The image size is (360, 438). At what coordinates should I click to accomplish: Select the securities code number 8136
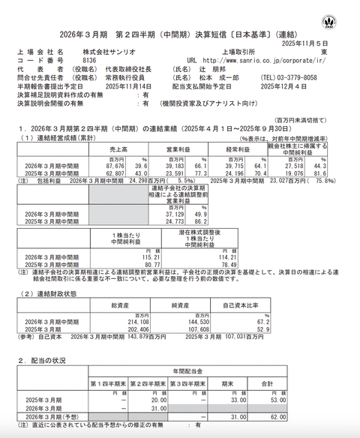click(x=89, y=60)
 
